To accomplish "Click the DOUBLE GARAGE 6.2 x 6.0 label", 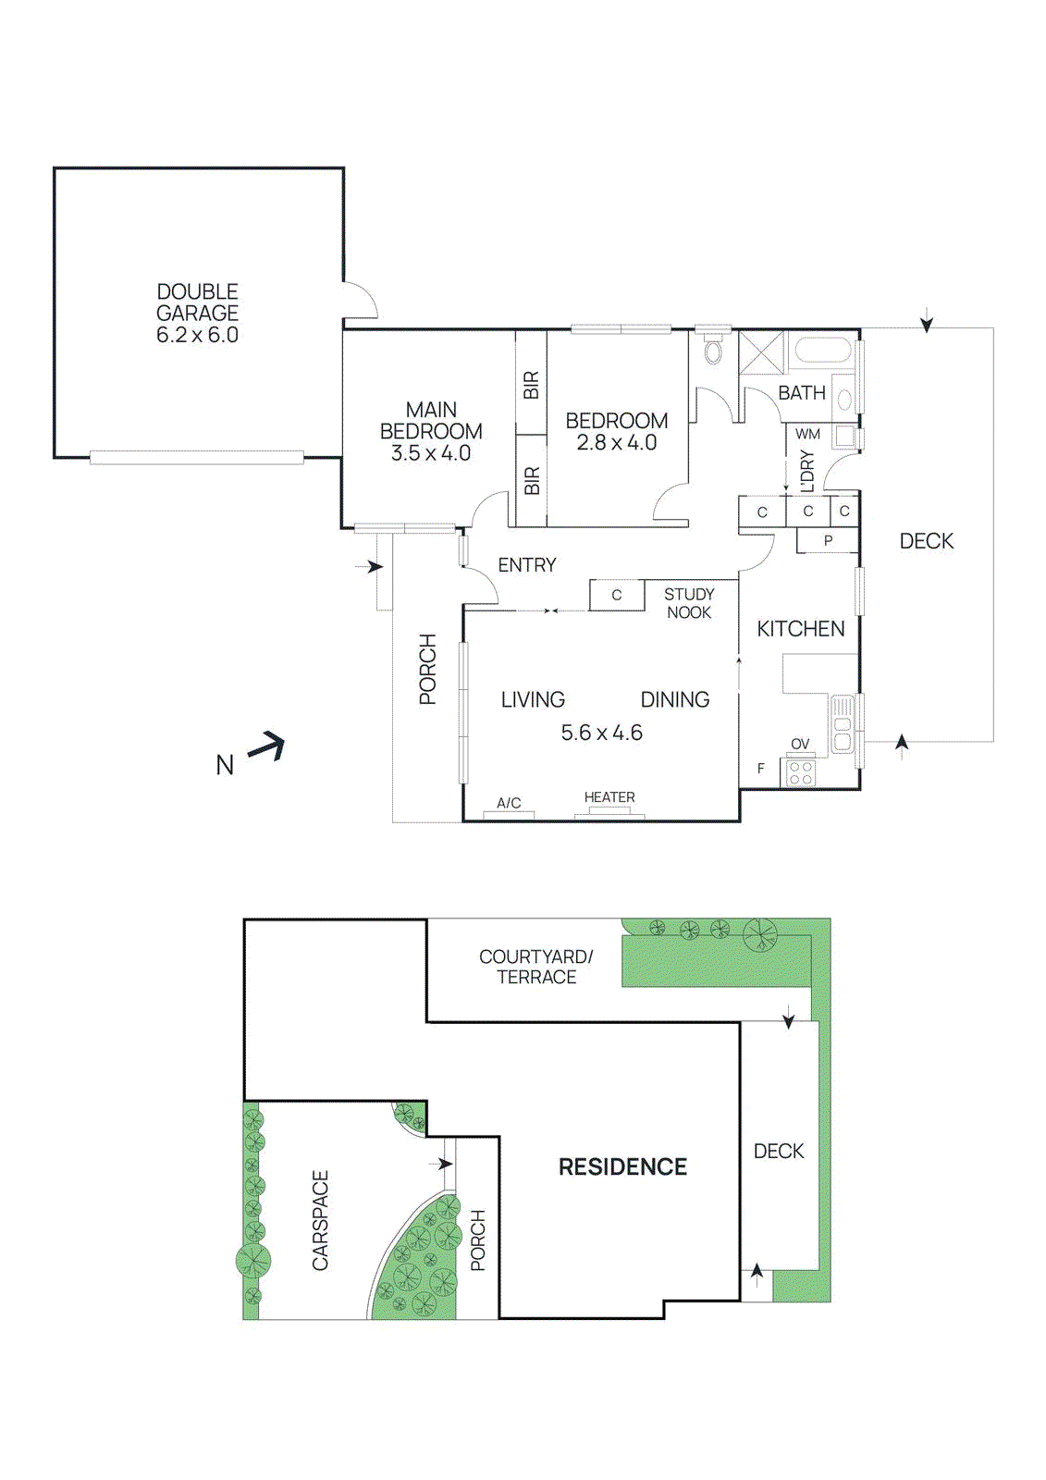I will [x=197, y=314].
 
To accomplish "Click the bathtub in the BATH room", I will [x=822, y=351].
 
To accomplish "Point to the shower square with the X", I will [x=762, y=351].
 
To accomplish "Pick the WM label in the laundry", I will [x=807, y=434].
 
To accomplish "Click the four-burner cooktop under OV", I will [x=801, y=773].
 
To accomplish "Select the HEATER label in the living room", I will [x=609, y=797].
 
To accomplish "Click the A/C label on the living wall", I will [x=509, y=803].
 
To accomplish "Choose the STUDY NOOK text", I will [x=689, y=603].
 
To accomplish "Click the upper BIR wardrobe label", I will [x=531, y=385].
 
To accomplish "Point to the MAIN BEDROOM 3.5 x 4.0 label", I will [x=431, y=431].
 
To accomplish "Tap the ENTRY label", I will [x=527, y=565].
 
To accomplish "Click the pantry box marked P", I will [x=828, y=540].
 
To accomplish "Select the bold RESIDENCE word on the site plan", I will [x=622, y=1167].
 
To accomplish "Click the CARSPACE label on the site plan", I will [x=320, y=1220].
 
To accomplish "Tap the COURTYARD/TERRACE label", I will [x=536, y=967].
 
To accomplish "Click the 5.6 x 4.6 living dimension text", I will [x=601, y=733].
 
